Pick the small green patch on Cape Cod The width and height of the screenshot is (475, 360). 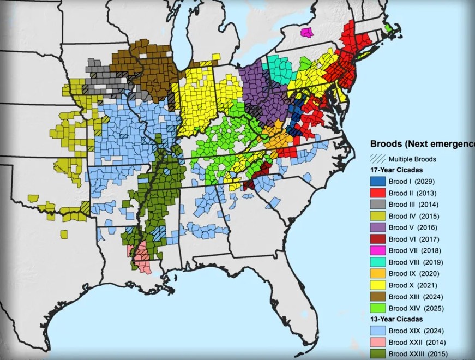pos(388,27)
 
